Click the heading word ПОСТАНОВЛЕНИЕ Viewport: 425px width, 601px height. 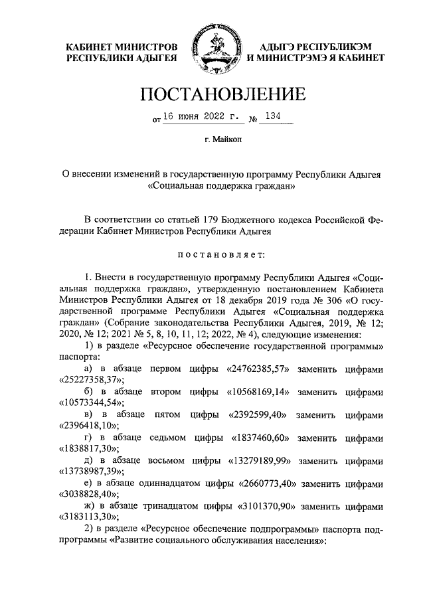coord(212,95)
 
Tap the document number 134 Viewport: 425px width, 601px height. coord(272,118)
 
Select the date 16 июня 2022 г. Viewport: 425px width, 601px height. coord(201,118)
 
